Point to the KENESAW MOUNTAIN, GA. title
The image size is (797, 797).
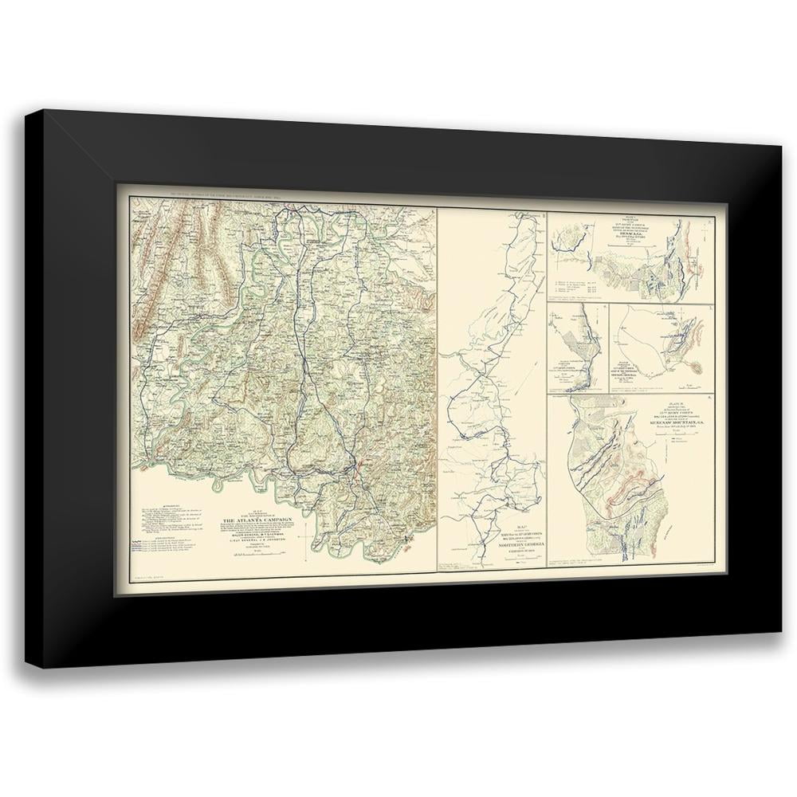[x=669, y=417]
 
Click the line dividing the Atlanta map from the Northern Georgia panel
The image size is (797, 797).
[x=438, y=383]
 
